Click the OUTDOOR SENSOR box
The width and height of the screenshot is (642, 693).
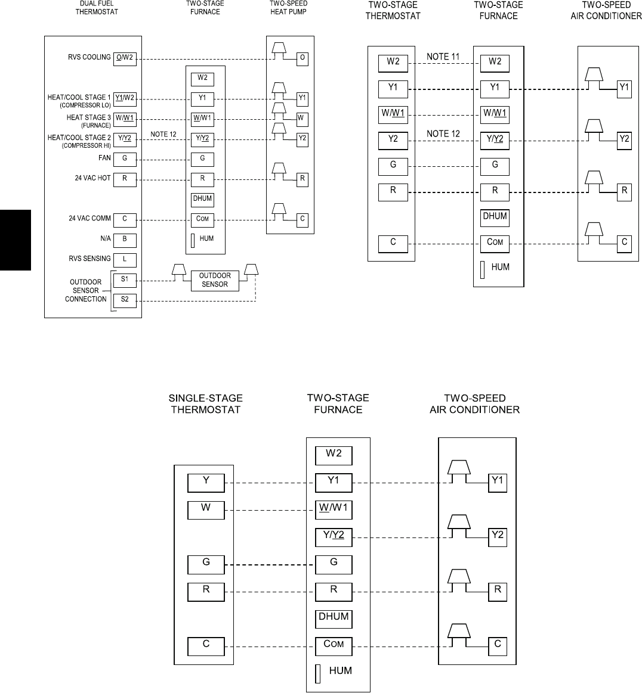click(x=214, y=280)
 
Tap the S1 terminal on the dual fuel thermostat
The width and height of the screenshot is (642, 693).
click(x=125, y=279)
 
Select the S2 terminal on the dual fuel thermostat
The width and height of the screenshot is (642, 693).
click(x=125, y=299)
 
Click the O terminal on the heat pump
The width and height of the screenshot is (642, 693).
click(x=303, y=58)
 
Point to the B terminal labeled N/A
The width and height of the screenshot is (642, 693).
click(x=125, y=240)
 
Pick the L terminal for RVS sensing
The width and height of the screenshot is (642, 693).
click(x=125, y=259)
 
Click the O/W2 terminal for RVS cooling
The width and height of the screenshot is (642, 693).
click(x=125, y=58)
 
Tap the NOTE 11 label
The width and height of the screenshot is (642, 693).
click(x=443, y=57)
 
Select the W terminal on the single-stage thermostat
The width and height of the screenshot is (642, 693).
click(x=206, y=509)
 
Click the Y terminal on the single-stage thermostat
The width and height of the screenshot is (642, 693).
click(x=206, y=482)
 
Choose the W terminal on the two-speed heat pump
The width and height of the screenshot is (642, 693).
click(x=303, y=118)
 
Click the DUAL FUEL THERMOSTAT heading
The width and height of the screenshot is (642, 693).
click(x=97, y=8)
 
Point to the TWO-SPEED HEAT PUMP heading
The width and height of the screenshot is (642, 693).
click(x=288, y=8)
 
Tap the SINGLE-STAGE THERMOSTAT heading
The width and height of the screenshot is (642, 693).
click(x=206, y=404)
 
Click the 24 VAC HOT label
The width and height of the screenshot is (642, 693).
click(x=93, y=178)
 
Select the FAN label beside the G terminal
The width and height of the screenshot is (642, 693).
click(x=104, y=159)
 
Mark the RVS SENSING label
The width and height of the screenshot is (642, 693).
click(x=89, y=259)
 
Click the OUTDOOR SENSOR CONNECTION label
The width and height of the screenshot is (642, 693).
click(x=85, y=290)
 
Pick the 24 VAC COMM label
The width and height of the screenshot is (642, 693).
click(x=89, y=219)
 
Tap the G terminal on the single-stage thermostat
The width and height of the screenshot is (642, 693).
click(x=206, y=563)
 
